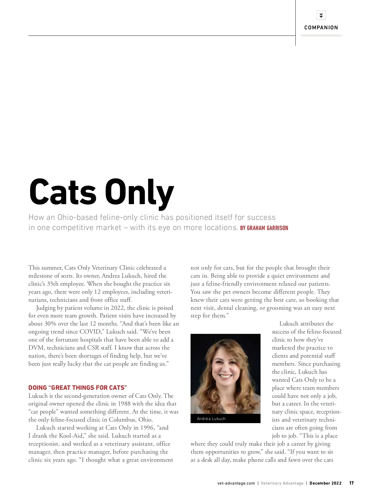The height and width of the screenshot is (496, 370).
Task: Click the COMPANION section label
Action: (x=321, y=27)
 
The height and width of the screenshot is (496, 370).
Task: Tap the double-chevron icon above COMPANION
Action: (x=321, y=15)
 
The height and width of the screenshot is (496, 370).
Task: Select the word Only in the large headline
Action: (x=139, y=193)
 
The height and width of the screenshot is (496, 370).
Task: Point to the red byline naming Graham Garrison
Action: (x=264, y=228)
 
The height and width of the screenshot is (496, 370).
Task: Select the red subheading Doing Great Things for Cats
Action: (x=78, y=388)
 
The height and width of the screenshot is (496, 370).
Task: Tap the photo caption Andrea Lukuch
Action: (x=211, y=419)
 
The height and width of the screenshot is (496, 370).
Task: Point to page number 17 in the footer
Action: (x=351, y=483)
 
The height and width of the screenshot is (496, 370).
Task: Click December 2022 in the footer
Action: (x=326, y=483)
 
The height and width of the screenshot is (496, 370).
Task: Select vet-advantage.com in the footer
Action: (x=236, y=483)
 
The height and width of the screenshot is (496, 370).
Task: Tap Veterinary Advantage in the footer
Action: (x=282, y=483)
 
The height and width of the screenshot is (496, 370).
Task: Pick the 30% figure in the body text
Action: (x=50, y=324)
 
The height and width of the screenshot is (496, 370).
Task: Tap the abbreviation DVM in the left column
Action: (x=36, y=348)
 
